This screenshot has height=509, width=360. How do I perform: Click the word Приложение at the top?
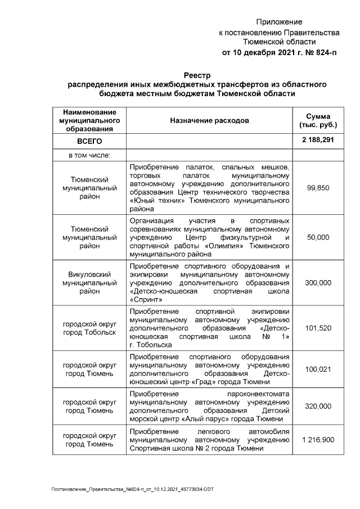coord(279,22)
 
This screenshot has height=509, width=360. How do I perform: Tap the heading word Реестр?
coord(197,75)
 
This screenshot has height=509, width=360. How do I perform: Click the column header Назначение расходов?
coord(209,120)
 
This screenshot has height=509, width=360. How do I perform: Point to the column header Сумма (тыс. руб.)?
coord(318,120)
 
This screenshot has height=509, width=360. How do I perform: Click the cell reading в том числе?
coord(89,155)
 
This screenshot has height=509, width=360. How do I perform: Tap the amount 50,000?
coord(318,238)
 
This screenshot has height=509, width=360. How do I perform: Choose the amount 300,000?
coord(318,283)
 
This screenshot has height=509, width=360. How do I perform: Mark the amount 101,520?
coord(318,328)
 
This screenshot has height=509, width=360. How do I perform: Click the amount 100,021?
coord(318,369)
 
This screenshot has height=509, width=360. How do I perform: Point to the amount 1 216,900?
coord(318,439)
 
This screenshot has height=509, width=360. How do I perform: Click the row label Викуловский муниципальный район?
coord(89,283)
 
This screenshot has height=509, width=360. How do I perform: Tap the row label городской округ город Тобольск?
coord(89,328)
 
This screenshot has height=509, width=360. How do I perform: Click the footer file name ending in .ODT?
coord(133,490)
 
